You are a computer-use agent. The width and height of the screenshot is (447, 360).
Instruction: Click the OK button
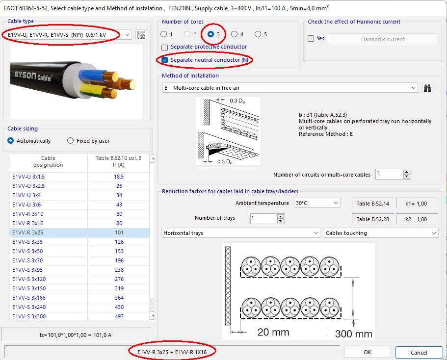tap(367, 352)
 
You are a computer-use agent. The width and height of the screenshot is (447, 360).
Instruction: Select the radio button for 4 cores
tap(235, 34)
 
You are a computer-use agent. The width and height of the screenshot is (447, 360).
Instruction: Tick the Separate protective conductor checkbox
tap(165, 47)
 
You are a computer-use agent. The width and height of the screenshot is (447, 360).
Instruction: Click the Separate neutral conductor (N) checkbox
tap(165, 60)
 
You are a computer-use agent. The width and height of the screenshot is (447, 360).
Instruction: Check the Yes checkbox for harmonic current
tap(311, 39)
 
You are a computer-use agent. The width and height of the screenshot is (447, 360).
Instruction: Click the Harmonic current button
tap(383, 39)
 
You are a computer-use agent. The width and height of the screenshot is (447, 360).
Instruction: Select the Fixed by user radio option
tap(71, 141)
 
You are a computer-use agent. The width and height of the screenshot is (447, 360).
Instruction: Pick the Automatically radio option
tap(11, 141)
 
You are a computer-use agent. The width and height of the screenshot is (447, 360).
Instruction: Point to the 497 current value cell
tap(119, 316)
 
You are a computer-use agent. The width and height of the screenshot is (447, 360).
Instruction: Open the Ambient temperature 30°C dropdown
tap(316, 203)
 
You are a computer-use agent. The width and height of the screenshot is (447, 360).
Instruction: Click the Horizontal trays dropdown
tap(240, 233)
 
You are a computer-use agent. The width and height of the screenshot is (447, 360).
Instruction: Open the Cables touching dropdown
tap(381, 233)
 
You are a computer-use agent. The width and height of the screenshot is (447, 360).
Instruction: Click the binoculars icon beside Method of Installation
tap(427, 88)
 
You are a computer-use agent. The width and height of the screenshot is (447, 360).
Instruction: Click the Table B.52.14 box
tap(373, 203)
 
